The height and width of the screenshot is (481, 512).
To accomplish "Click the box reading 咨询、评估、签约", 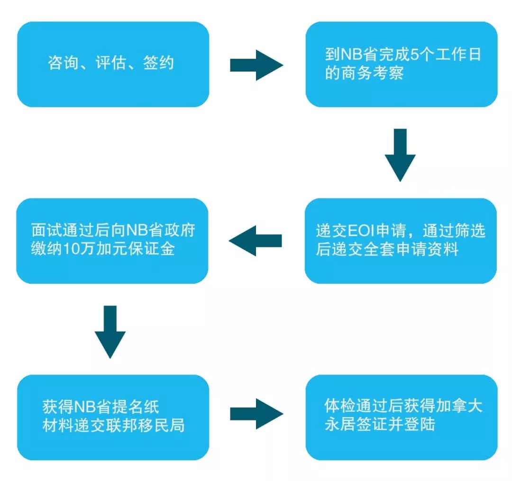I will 113,64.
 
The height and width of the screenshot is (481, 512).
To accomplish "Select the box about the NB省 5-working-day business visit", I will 401,64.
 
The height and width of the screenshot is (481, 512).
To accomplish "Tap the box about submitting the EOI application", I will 401,241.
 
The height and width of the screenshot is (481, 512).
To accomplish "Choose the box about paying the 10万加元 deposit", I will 112,241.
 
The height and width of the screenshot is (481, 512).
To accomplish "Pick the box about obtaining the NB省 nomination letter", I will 113,417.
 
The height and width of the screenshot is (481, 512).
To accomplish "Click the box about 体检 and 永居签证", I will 401,417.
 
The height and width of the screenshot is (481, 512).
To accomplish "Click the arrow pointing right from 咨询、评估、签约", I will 256,65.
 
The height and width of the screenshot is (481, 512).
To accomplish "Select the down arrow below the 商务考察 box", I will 400,154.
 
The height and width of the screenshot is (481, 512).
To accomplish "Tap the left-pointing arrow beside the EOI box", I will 256,241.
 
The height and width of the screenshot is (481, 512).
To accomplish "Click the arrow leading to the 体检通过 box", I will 256,414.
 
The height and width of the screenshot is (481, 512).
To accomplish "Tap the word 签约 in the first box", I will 159,64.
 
